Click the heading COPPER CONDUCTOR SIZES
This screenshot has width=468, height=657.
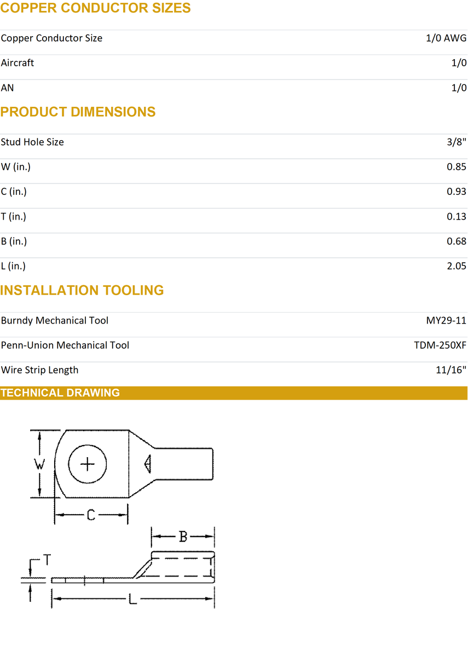click(x=95, y=8)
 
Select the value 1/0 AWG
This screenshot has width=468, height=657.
click(x=446, y=38)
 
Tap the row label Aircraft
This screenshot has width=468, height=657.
click(x=18, y=63)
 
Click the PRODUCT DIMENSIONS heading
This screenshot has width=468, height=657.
click(x=78, y=112)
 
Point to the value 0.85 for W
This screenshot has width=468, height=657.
click(x=457, y=167)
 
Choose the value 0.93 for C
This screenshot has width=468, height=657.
click(x=457, y=192)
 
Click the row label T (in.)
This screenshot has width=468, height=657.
click(x=14, y=217)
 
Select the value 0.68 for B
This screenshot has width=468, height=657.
click(x=457, y=241)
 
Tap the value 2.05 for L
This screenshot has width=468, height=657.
click(x=457, y=266)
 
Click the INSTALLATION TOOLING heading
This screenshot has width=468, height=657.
click(x=82, y=290)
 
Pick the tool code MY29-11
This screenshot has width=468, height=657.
click(x=446, y=321)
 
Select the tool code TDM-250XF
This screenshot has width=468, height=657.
click(x=440, y=345)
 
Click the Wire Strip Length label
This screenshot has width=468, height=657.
click(x=40, y=370)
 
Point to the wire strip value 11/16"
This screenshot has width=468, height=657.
click(x=451, y=370)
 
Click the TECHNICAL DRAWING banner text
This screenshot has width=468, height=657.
click(x=60, y=393)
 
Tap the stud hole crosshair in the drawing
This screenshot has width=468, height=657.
click(x=88, y=465)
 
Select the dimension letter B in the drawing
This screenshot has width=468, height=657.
click(x=183, y=537)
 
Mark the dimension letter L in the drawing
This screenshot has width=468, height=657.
click(x=132, y=601)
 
